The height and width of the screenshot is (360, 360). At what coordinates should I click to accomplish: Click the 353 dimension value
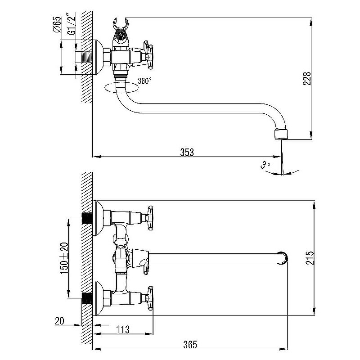[x=187, y=152]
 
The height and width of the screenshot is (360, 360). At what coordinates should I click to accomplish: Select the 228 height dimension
[x=307, y=78]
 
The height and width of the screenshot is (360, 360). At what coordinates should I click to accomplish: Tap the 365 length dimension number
[x=190, y=345]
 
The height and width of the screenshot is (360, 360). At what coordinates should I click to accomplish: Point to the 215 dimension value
[x=310, y=258]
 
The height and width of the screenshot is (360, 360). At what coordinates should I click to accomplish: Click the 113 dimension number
[x=123, y=330]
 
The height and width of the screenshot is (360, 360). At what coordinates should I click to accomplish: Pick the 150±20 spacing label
[x=64, y=258]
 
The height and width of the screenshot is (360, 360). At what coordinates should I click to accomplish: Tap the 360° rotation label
[x=144, y=81]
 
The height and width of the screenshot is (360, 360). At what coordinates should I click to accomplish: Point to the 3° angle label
[x=265, y=165]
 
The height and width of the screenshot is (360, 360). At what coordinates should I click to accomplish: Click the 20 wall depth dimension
[x=59, y=321]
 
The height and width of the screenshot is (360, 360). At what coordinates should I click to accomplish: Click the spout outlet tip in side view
[x=281, y=135]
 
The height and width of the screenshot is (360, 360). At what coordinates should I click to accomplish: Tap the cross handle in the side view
[x=148, y=55]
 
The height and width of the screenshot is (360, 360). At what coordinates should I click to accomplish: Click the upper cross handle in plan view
[x=150, y=218]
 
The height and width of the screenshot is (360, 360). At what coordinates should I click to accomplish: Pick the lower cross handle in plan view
[x=150, y=298]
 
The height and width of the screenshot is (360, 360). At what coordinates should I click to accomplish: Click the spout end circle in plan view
[x=282, y=258]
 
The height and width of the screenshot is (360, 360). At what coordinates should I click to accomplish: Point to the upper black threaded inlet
[x=87, y=218]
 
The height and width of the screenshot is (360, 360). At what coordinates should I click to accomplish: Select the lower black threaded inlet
[x=87, y=298]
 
